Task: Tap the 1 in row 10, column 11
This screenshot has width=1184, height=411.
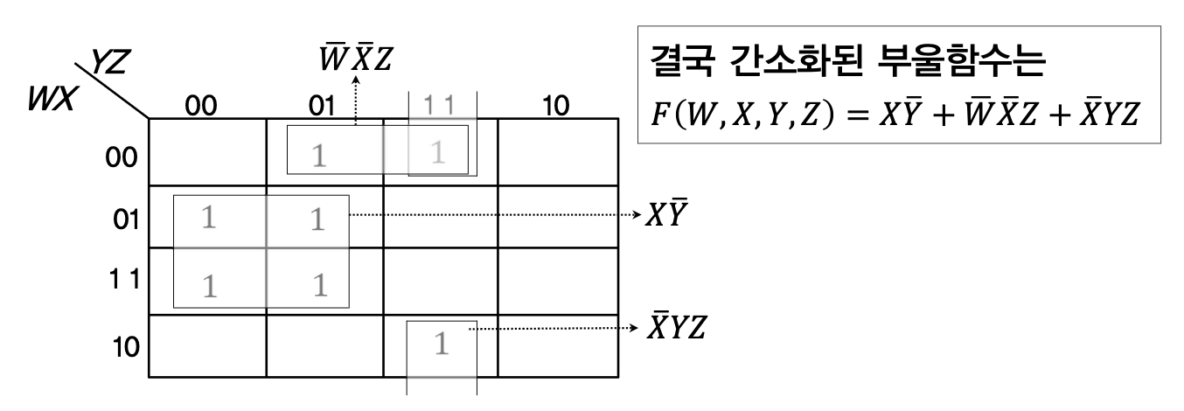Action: click(442, 344)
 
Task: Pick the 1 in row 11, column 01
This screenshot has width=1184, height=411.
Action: click(321, 284)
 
